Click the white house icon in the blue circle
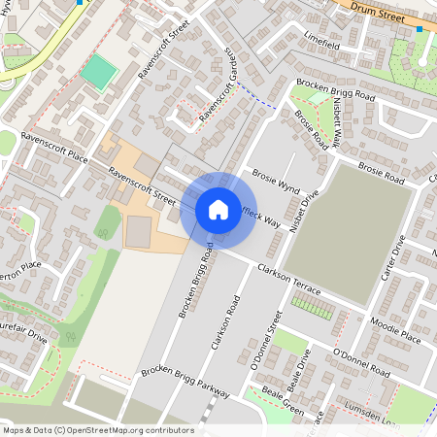pyautogui.click(x=218, y=209)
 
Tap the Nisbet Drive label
pyautogui.click(x=309, y=207)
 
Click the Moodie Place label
pyautogui.click(x=396, y=329)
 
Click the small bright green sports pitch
pyautogui.click(x=97, y=71)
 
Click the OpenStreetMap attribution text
pyautogui.click(x=97, y=429)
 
